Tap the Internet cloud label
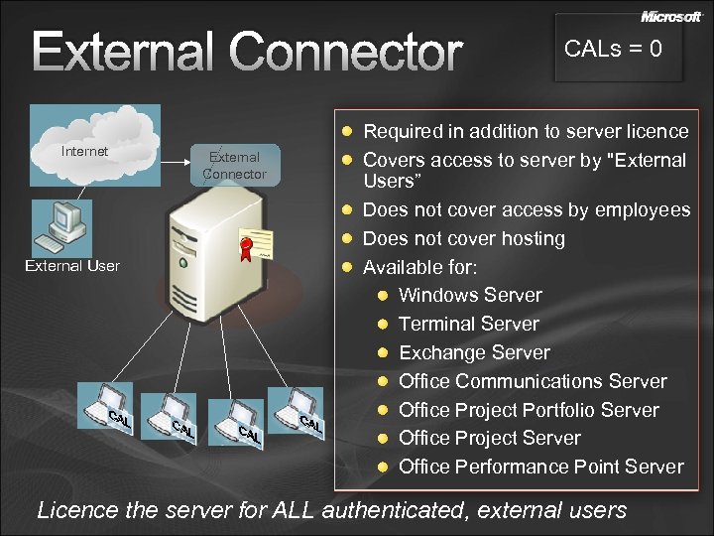84,152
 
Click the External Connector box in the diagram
235,166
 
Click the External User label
72,266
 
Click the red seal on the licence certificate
245,248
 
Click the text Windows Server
470,295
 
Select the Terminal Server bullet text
468,324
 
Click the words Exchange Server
474,352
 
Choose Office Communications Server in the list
533,381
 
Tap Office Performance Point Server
540,467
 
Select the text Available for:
419,267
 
